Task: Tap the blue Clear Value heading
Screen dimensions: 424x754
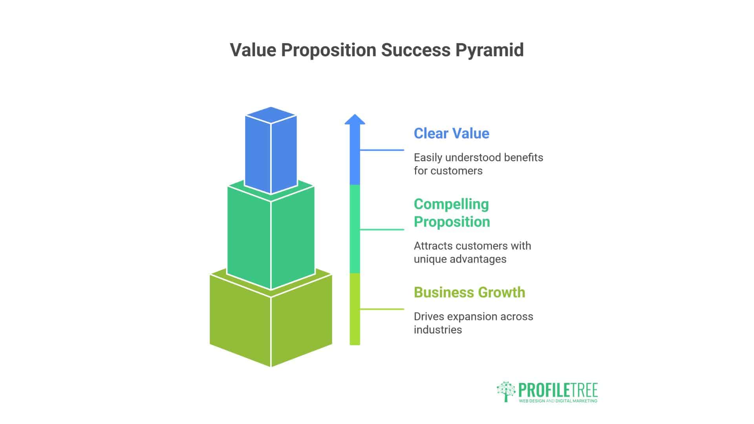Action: coord(451,133)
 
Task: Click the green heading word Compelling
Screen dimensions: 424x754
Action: coord(451,204)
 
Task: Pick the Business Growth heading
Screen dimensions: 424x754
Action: coord(469,292)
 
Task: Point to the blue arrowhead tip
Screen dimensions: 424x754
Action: coord(355,116)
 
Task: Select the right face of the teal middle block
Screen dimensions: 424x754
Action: coord(293,239)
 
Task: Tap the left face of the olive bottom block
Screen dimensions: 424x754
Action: coord(240,320)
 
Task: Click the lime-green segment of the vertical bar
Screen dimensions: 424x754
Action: coord(355,310)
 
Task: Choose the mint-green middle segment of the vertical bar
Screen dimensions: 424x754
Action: coord(355,229)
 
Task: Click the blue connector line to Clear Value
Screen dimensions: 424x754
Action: coord(382,150)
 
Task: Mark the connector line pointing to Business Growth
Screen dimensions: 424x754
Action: coord(382,309)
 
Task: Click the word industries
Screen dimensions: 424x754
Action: coord(437,330)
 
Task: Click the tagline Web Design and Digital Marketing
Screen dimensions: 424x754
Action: coord(558,401)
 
